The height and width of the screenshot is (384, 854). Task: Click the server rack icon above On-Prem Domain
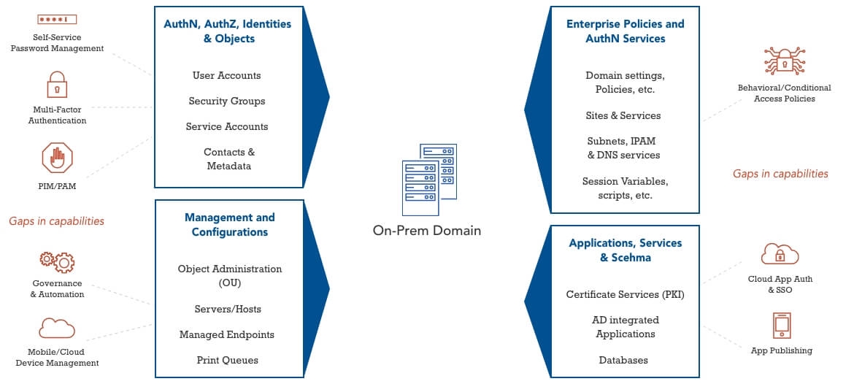click(x=428, y=178)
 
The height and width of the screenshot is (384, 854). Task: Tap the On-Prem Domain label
click(x=427, y=231)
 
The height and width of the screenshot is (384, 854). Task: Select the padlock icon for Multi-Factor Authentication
click(x=57, y=85)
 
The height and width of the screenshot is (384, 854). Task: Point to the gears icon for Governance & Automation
click(x=57, y=261)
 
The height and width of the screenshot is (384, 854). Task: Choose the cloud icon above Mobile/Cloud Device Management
click(x=57, y=328)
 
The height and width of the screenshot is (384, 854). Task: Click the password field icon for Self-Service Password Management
click(x=57, y=18)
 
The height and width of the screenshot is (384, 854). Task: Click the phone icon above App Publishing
click(x=781, y=326)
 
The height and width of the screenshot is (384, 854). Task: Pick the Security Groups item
click(x=226, y=101)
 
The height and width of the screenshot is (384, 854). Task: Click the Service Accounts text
click(x=226, y=126)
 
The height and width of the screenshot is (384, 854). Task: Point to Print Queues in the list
click(x=227, y=360)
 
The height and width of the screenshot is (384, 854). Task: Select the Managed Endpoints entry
click(x=226, y=334)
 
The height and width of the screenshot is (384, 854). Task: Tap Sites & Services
click(x=623, y=115)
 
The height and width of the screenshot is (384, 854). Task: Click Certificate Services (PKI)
click(x=625, y=294)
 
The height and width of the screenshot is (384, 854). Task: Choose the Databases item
click(x=623, y=360)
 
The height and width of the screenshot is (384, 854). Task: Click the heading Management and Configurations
click(x=229, y=225)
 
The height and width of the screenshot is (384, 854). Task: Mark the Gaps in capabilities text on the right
click(x=780, y=174)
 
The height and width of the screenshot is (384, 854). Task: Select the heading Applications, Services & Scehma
click(x=625, y=250)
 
